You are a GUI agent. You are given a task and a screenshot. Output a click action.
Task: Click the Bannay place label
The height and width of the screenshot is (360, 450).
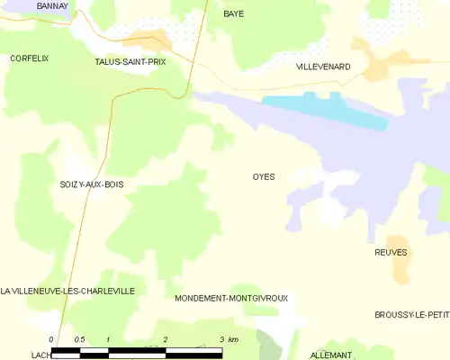[53, 5]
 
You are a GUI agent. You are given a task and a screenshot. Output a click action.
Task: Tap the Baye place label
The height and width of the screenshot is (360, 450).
[234, 14]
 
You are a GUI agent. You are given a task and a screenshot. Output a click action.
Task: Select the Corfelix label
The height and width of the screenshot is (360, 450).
[29, 58]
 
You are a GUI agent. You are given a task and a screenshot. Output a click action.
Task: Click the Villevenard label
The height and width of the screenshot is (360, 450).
[323, 67]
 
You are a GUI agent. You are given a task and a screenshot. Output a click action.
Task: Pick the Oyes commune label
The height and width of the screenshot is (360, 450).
[264, 176]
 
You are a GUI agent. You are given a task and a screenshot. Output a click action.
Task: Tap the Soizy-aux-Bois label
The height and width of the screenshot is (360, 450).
[92, 184]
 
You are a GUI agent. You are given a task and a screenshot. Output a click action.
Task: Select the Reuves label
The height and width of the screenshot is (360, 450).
[391, 253]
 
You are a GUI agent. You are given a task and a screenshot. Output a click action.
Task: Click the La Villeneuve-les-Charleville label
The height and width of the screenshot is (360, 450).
[67, 292]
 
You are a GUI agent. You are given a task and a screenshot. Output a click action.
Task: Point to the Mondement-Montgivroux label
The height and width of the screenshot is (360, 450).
[231, 298]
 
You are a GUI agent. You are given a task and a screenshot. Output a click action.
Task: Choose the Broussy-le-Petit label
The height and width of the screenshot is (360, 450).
[412, 314]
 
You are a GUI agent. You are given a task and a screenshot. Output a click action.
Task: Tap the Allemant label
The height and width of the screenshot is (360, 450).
[330, 355]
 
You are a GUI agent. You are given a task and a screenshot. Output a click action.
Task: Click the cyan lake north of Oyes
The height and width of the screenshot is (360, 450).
[324, 110]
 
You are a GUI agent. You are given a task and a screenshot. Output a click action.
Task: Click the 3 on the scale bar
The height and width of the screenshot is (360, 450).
[221, 339]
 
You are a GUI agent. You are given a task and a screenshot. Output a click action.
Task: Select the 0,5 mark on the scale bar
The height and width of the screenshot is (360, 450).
[79, 339]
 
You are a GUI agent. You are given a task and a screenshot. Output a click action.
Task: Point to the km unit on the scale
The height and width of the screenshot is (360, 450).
[233, 339]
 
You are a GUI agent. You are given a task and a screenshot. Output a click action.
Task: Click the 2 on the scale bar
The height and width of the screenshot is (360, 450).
[166, 339]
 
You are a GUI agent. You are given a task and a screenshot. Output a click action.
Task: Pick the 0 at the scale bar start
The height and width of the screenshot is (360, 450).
[51, 339]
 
